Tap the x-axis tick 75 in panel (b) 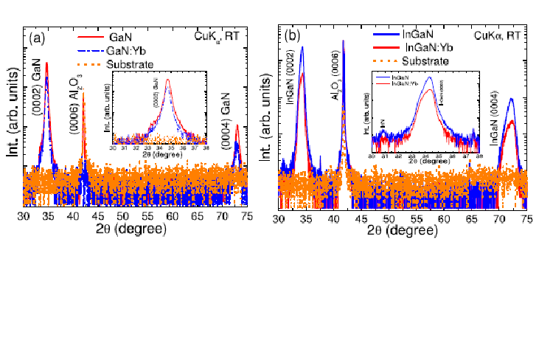point(526,220)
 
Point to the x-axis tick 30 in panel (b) point(279,220)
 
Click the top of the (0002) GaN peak point(47,63)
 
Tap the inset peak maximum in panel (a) point(168,79)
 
